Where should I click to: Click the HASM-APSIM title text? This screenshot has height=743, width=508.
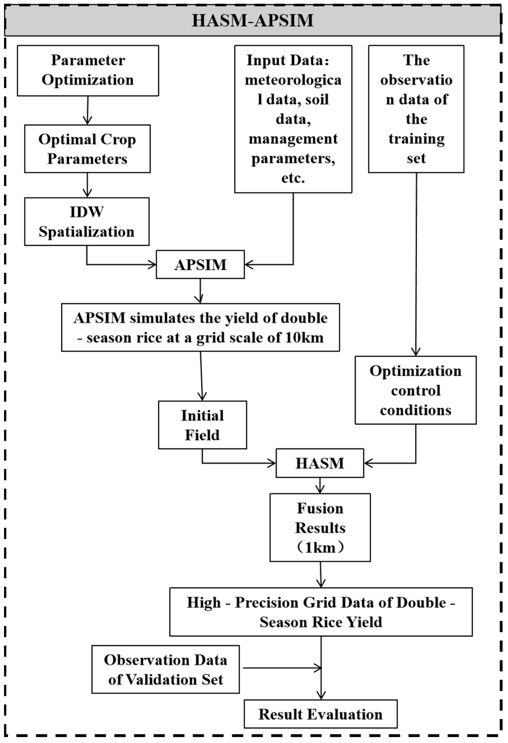tap(252, 21)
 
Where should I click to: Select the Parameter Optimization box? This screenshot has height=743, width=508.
tap(88, 70)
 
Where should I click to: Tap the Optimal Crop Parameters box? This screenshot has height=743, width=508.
tap(87, 149)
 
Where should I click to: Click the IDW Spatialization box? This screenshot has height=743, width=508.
tap(86, 222)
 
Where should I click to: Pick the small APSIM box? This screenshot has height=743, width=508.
tap(200, 265)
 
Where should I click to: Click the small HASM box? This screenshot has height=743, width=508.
tap(320, 463)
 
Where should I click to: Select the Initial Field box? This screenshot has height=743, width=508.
tap(202, 425)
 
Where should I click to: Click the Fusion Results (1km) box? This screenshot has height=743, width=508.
tap(320, 528)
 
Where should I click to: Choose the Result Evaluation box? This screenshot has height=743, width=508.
tap(321, 714)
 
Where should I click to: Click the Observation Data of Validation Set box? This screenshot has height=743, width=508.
tap(165, 670)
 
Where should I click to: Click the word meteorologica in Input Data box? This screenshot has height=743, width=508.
tap(293, 80)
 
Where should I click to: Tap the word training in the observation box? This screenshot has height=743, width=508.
tap(416, 139)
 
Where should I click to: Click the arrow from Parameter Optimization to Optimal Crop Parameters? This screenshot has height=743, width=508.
tap(88, 110)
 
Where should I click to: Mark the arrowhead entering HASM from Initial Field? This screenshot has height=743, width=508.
tap(272, 463)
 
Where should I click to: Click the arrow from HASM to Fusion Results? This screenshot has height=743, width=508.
tap(320, 486)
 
